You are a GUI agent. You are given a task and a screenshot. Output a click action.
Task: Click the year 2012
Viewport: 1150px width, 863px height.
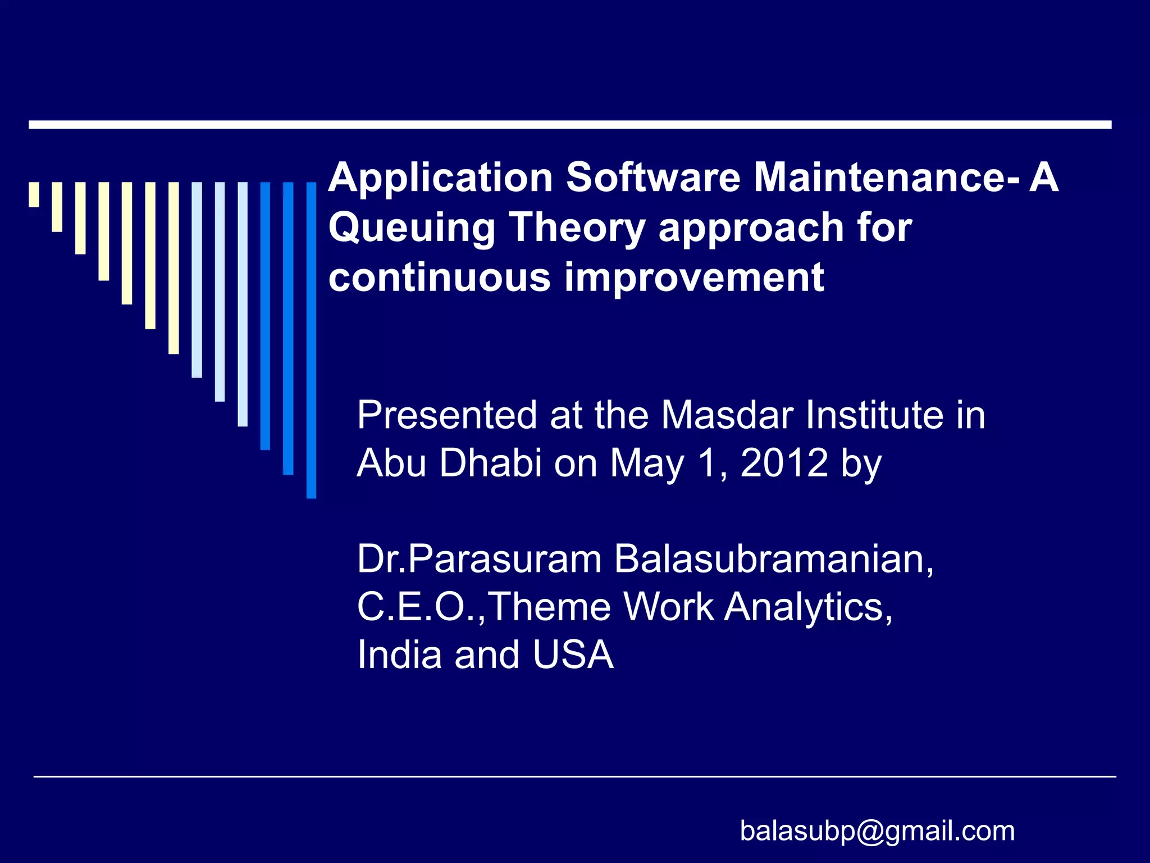click(x=784, y=464)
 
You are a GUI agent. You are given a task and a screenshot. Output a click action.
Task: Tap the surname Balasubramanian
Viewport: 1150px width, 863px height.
click(x=774, y=560)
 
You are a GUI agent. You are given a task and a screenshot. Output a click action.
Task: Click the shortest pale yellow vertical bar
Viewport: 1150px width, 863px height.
click(x=34, y=194)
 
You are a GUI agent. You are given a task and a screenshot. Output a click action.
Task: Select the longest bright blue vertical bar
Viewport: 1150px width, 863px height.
click(x=311, y=340)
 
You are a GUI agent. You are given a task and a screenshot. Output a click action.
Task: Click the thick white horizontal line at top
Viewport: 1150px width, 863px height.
click(x=569, y=125)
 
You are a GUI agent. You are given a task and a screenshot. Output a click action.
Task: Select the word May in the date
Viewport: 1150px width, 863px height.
click(x=647, y=464)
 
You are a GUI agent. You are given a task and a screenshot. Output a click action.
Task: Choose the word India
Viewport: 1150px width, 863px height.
click(x=399, y=655)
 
